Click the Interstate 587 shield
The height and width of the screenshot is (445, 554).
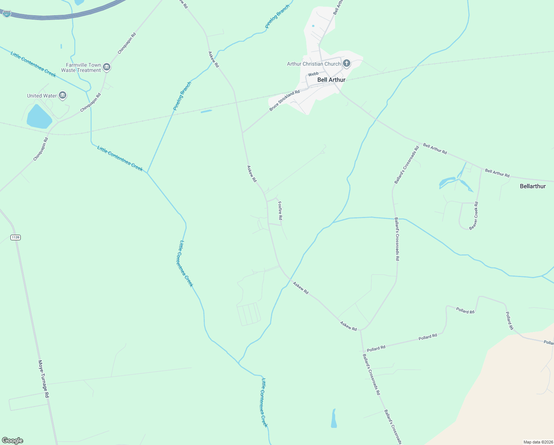coord(7,14)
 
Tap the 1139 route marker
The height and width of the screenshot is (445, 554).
coord(15,237)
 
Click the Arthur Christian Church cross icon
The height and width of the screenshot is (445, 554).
coord(347,63)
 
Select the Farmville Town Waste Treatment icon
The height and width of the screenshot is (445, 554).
coord(107,67)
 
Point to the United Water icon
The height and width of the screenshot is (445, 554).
coord(63,96)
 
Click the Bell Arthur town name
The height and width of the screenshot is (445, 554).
coord(331,80)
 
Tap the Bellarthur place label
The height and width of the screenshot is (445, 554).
coord(533,186)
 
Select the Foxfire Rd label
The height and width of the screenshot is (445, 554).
coord(280,210)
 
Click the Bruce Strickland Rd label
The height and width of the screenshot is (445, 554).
coord(284,100)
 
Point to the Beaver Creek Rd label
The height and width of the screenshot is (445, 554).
coord(474,216)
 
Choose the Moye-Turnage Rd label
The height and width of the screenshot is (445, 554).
coord(43,379)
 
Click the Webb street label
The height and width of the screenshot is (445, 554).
coord(313,74)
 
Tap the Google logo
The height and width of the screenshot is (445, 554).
coord(13,441)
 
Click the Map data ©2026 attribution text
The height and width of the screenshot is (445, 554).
coord(537,442)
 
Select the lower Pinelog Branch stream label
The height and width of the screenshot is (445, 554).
coord(182,96)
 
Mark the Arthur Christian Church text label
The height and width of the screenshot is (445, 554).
coord(314,64)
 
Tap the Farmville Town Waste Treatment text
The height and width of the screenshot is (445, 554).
coord(81,67)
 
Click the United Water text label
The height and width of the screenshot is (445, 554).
coord(42,96)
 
